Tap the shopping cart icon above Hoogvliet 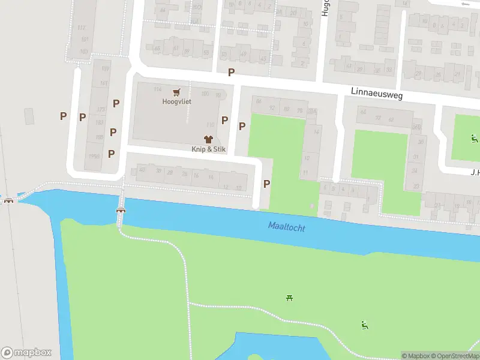[176, 92]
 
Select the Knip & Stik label [209, 149]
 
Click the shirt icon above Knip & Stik [209, 139]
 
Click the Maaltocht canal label [287, 227]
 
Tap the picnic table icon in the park [290, 297]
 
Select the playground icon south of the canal [364, 325]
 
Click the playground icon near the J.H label [474, 139]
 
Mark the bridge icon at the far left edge [8, 200]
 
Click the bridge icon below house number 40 [121, 210]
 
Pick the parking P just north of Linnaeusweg [231, 73]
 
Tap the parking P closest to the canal [267, 184]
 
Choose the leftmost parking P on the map [63, 116]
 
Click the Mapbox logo [26, 353]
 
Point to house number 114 [157, 89]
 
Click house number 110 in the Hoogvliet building [210, 125]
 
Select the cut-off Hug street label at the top [325, 7]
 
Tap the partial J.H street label [474, 172]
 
